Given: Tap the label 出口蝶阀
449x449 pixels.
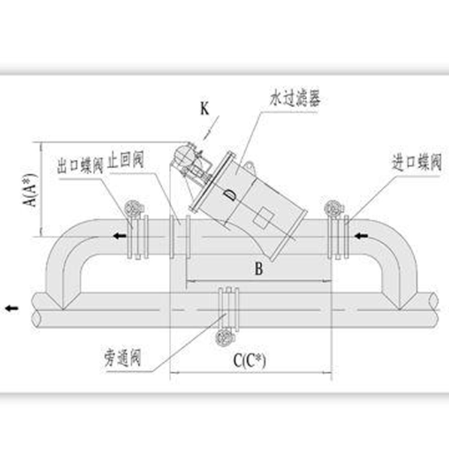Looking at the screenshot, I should click(81, 165).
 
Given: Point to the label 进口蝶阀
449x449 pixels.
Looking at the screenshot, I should click(417, 163).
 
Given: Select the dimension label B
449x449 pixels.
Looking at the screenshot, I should click(258, 269).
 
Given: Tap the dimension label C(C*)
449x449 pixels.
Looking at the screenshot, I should click(250, 360).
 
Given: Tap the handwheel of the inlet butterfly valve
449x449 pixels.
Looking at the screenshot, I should click(331, 208).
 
